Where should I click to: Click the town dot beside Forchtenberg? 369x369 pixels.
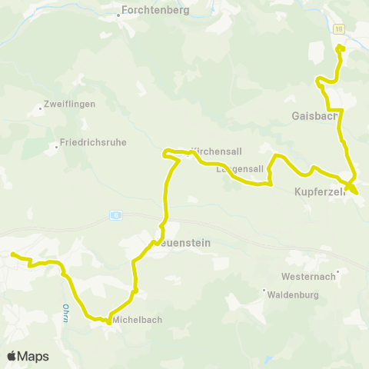tap(119, 12)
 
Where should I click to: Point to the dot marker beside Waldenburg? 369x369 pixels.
tap(264, 291)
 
